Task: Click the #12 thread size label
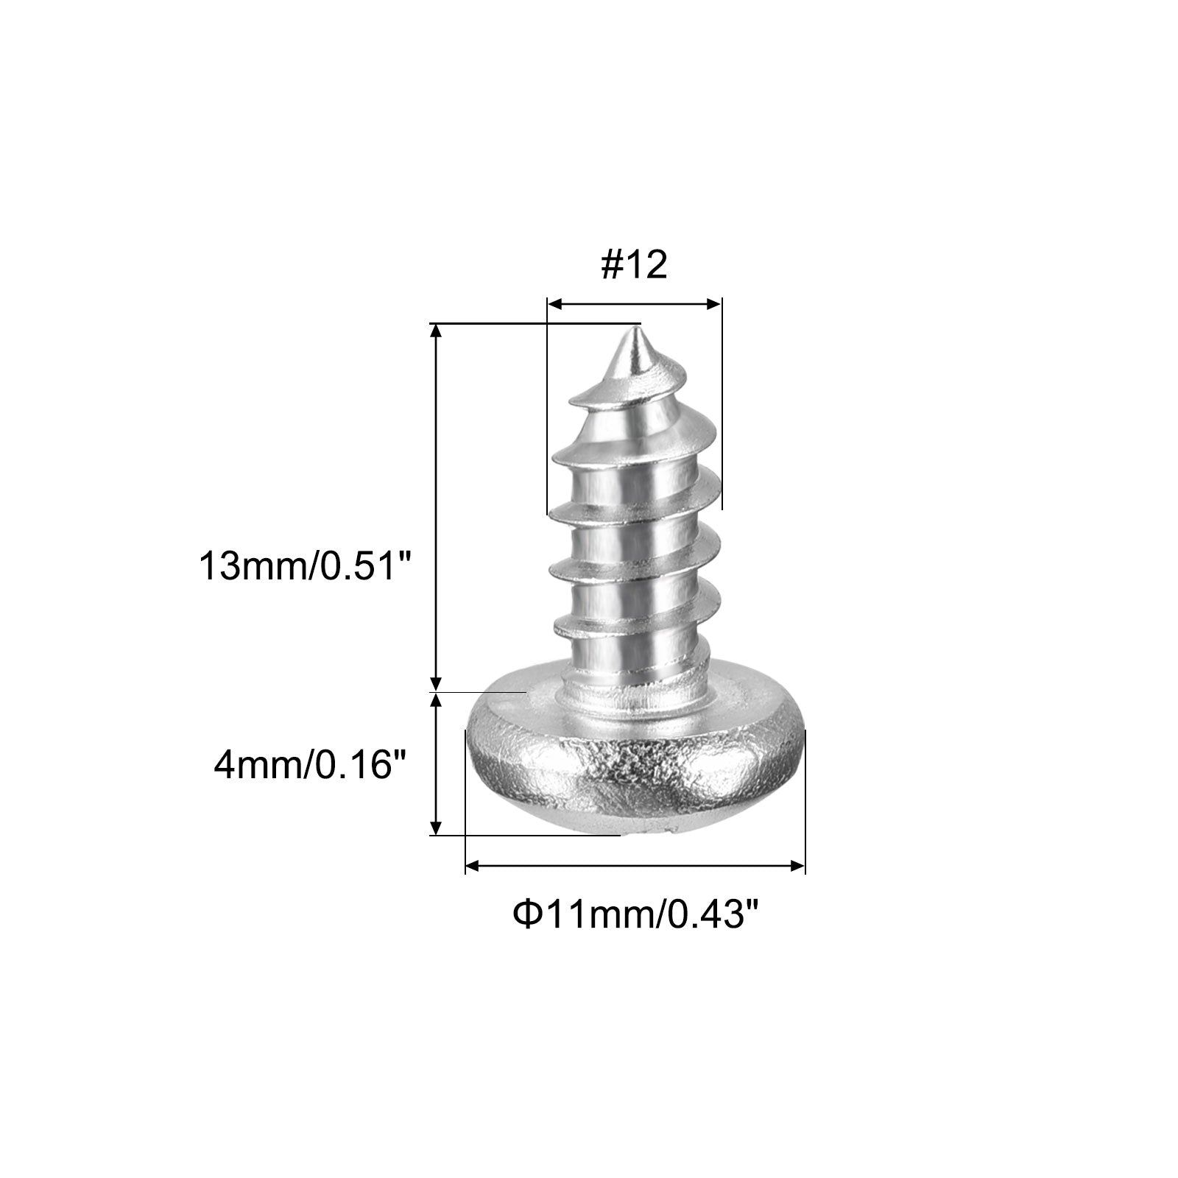pyautogui.click(x=634, y=265)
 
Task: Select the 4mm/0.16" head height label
pyautogui.click(x=311, y=766)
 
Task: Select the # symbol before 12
pyautogui.click(x=612, y=265)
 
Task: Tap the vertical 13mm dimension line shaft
pyautogui.click(x=437, y=508)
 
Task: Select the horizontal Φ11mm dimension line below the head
pyautogui.click(x=635, y=867)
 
